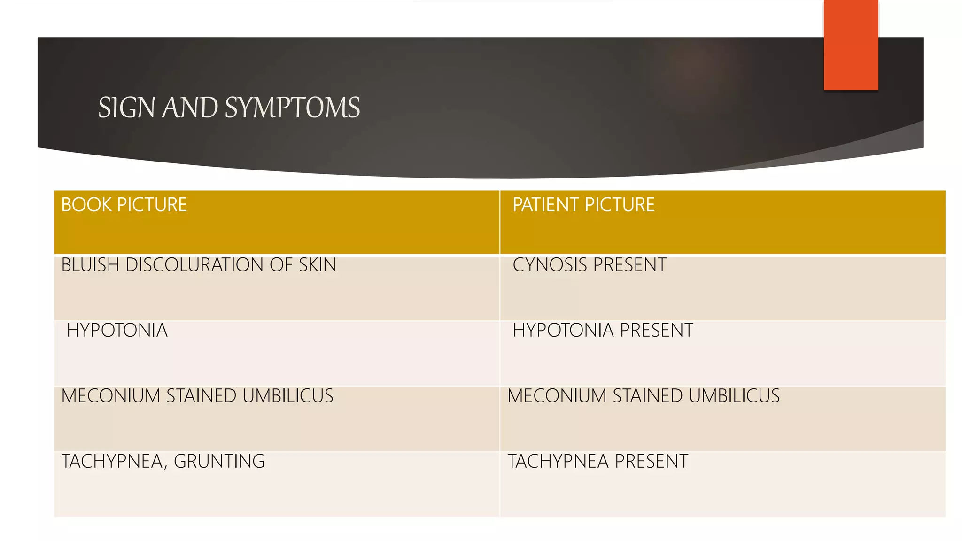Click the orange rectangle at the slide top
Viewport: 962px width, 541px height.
(x=851, y=45)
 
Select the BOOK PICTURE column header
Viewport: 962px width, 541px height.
(x=124, y=205)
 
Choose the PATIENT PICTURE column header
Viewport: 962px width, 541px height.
(x=583, y=205)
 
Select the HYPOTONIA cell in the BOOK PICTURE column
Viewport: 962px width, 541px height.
(x=117, y=331)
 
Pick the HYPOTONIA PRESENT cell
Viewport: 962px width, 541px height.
(x=603, y=331)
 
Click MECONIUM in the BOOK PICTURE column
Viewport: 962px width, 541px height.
(x=111, y=396)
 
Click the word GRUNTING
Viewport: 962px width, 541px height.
(x=219, y=462)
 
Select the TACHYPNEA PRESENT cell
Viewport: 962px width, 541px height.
(x=597, y=462)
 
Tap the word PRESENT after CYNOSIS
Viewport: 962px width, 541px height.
(x=629, y=265)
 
